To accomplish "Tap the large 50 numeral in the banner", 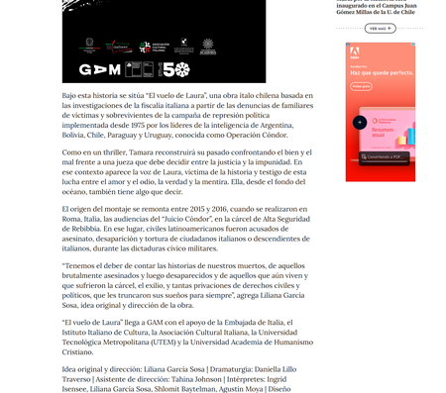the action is point(174,69).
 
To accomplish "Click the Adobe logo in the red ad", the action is point(353,56).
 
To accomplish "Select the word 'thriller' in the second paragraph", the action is point(115,152).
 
